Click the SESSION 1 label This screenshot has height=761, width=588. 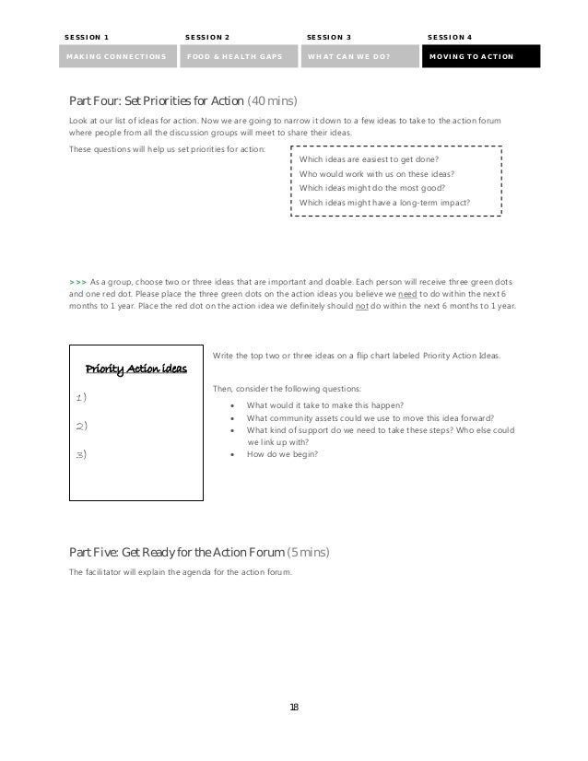click(x=87, y=38)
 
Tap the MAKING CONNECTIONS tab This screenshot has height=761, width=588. click(x=116, y=57)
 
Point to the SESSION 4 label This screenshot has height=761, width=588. click(x=450, y=38)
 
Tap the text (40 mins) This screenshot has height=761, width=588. click(x=278, y=100)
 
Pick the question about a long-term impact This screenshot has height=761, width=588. click(x=384, y=203)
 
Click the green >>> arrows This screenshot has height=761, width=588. click(x=77, y=280)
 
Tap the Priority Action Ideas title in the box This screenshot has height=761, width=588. click(x=135, y=370)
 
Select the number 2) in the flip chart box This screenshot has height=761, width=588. click(x=80, y=426)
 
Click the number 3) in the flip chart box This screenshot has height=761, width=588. click(x=80, y=455)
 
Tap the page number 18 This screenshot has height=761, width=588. click(x=294, y=707)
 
